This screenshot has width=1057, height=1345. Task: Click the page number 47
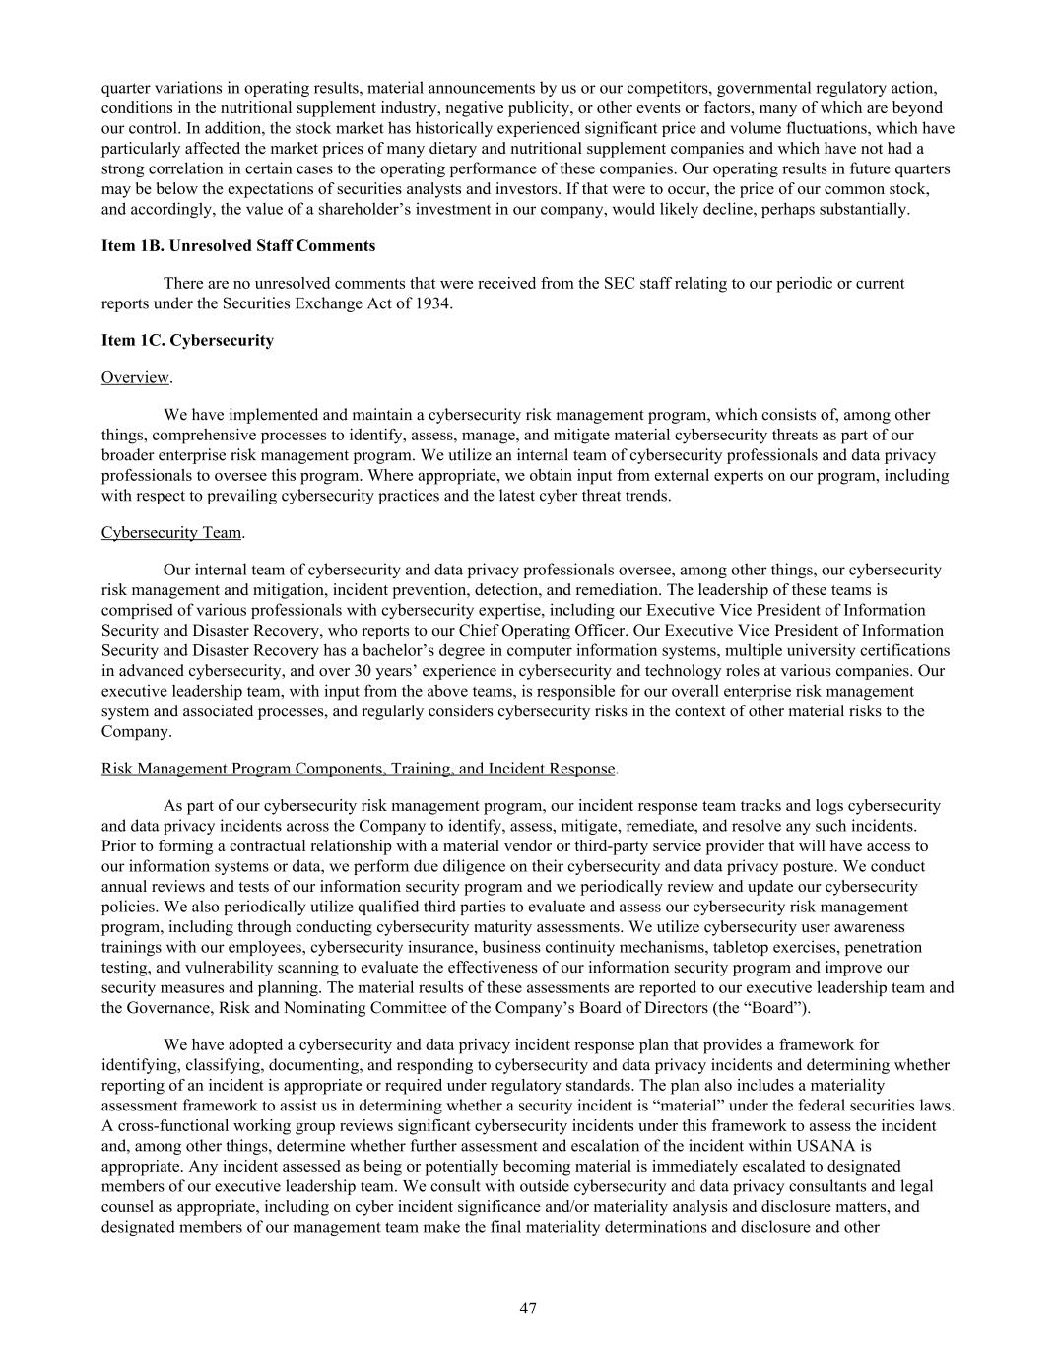528,1308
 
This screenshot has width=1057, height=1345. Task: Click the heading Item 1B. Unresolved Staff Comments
237,245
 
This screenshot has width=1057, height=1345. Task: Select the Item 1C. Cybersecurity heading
187,340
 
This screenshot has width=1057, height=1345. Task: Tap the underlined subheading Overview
135,377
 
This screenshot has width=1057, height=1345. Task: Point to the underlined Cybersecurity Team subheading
171,532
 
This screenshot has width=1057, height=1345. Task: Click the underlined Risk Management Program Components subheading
358,768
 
